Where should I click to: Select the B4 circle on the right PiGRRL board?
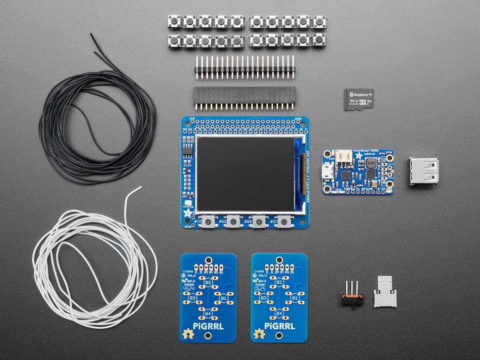(279, 314)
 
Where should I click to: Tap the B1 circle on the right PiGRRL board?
(294, 298)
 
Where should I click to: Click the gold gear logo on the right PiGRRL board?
(257, 334)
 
